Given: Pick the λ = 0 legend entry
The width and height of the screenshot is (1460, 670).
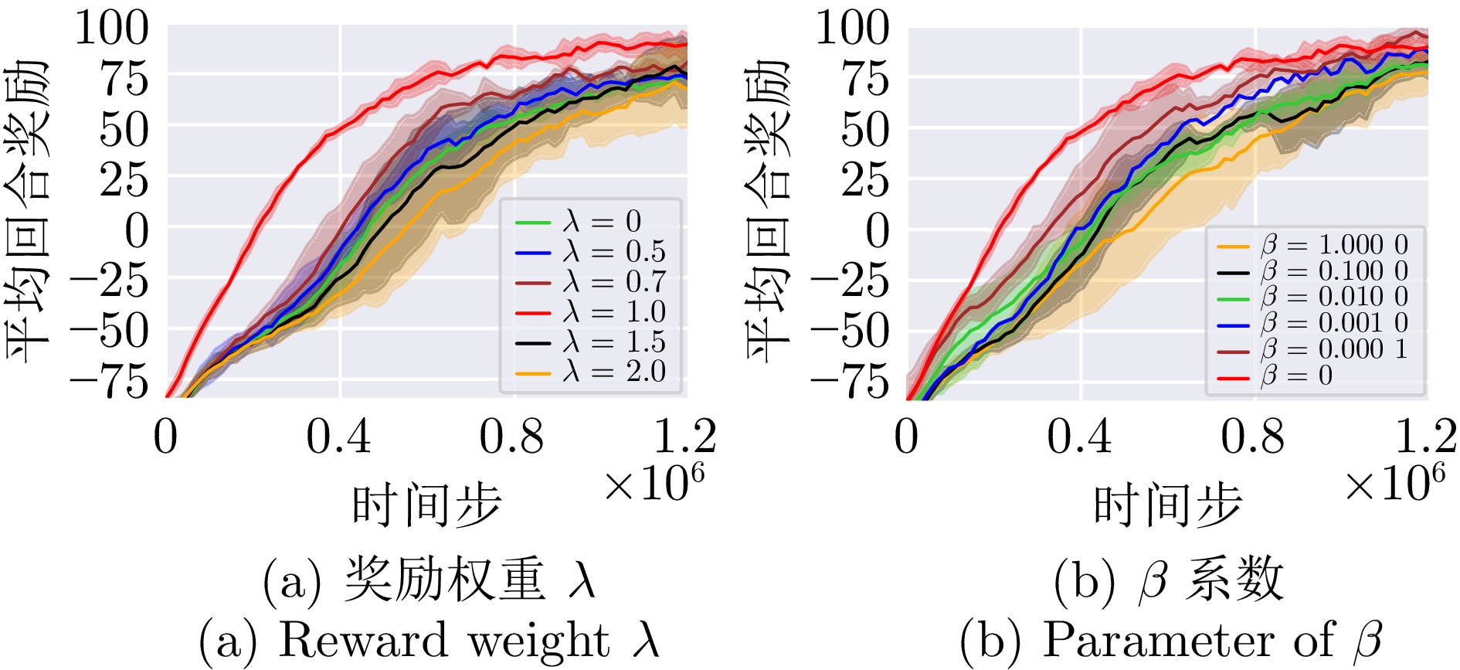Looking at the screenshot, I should click(579, 223).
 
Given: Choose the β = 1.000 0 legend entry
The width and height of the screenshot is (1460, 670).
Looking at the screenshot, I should click(1312, 246).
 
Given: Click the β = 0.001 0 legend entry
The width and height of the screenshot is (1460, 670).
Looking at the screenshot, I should click(1312, 323).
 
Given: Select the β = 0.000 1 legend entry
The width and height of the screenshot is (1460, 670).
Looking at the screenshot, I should click(1312, 349).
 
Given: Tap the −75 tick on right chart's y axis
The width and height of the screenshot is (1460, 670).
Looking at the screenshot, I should click(850, 382).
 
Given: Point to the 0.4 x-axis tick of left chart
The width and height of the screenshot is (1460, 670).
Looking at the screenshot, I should click(338, 437).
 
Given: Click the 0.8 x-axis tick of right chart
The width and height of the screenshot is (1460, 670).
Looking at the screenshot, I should click(1253, 437).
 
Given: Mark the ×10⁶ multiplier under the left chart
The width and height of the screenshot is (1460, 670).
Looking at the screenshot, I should click(654, 484).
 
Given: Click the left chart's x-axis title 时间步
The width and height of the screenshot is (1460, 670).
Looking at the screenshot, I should click(426, 505).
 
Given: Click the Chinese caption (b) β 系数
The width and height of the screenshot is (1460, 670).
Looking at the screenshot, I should click(1168, 581).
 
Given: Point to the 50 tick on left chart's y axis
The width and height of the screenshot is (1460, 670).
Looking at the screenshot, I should click(124, 130).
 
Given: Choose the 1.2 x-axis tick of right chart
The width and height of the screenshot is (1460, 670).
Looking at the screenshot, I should click(1426, 437).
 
